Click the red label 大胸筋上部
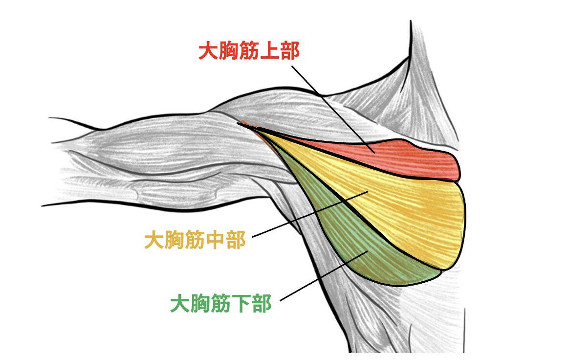[x=249, y=50]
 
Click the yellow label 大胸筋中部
[x=195, y=240]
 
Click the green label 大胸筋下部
[x=220, y=304]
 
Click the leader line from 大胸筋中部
[x=310, y=214]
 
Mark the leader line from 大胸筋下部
[x=324, y=276]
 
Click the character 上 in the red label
[x=269, y=50]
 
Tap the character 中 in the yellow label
[x=215, y=240]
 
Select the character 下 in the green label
[x=241, y=304]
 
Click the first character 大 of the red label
[x=208, y=50]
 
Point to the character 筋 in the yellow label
[x=195, y=240]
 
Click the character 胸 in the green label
[x=200, y=304]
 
